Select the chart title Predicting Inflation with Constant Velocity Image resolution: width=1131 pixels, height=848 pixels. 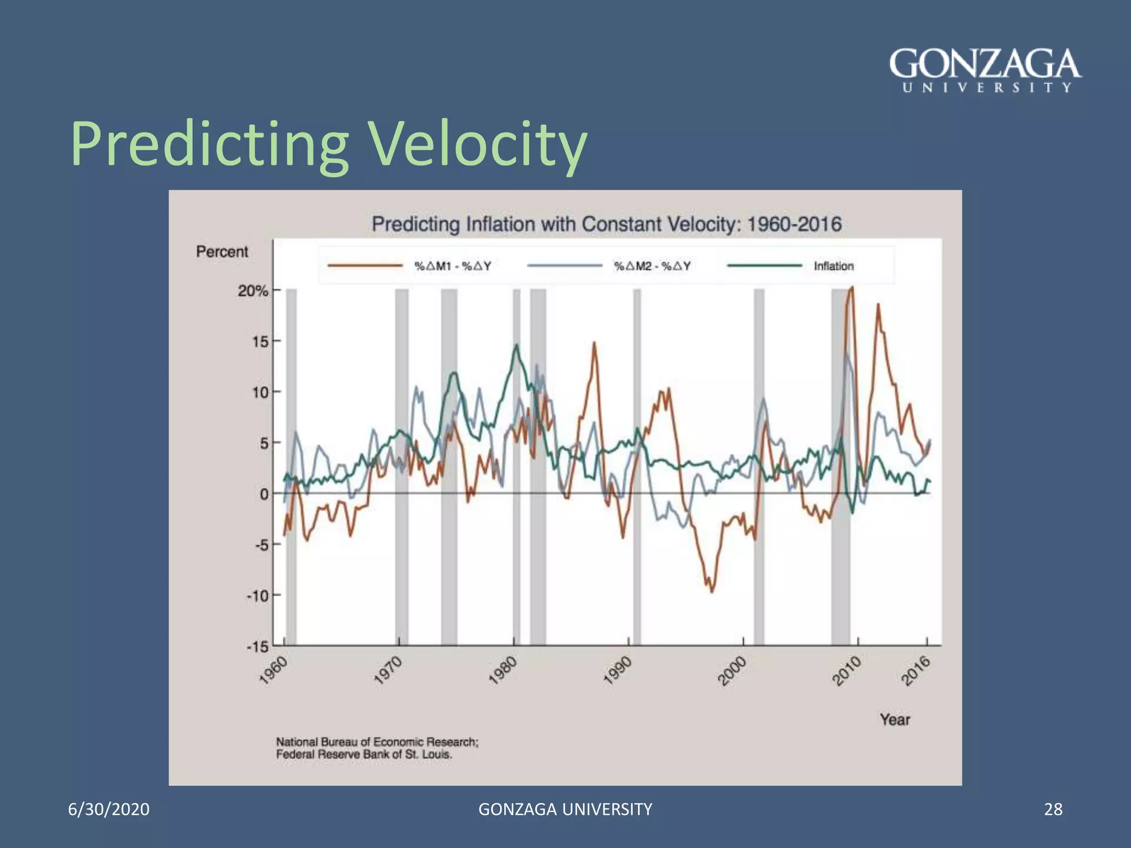tap(606, 224)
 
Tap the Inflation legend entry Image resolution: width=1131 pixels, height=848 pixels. tap(833, 266)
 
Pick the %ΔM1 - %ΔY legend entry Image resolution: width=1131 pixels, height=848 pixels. tap(453, 266)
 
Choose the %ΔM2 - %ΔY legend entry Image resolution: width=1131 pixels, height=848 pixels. tap(652, 266)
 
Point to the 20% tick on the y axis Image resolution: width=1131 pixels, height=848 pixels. tap(253, 290)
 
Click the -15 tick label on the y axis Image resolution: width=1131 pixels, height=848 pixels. tap(257, 646)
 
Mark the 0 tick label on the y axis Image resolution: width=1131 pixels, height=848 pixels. tap(264, 494)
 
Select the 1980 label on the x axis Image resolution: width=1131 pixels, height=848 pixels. tap(503, 671)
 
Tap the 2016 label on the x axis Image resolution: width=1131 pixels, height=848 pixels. tap(916, 671)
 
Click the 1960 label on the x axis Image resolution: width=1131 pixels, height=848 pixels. tap(273, 671)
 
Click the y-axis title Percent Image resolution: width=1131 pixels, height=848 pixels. tap(222, 252)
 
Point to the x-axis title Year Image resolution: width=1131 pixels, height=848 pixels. tap(895, 719)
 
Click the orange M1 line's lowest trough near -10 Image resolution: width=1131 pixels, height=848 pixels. tap(711, 591)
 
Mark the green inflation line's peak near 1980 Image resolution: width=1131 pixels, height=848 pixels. tap(516, 345)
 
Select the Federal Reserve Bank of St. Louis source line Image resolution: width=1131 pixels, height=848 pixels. tap(364, 755)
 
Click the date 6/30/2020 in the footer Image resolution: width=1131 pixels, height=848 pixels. tap(109, 809)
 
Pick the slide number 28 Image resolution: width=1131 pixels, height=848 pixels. tap(1053, 809)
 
